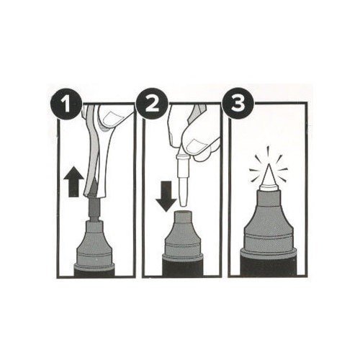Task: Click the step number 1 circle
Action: [x=66, y=104]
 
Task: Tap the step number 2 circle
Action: [x=151, y=104]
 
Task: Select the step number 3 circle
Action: [x=238, y=104]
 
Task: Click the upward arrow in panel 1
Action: [x=73, y=181]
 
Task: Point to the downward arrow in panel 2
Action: [x=166, y=196]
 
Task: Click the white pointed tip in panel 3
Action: [x=269, y=176]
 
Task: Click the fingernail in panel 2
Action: [x=197, y=146]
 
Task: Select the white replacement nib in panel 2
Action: [x=184, y=178]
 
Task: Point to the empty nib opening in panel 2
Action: [x=183, y=212]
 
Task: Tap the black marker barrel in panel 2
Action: [x=183, y=266]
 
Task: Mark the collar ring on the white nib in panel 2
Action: [x=184, y=158]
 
